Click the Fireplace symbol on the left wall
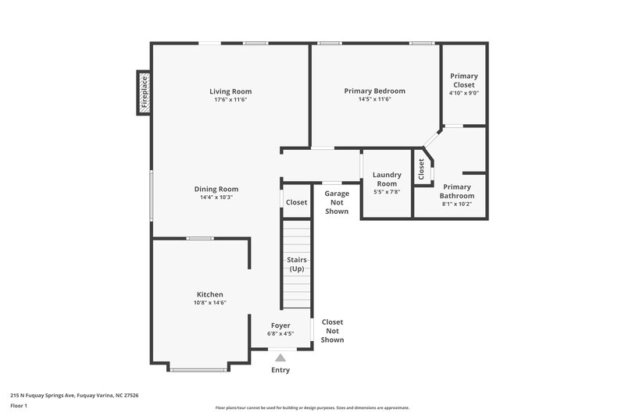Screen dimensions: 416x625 [x=144, y=92]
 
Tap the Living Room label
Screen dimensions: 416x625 [x=230, y=91]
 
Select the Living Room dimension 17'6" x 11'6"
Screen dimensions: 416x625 [x=230, y=100]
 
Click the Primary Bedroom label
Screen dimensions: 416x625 [x=375, y=91]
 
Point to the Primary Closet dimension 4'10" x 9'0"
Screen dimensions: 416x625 [x=463, y=93]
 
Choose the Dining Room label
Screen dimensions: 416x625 [x=216, y=189]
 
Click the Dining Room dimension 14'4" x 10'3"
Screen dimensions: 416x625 [x=216, y=197]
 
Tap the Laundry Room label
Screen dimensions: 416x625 [x=387, y=179]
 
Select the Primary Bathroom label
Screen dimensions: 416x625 [x=456, y=191]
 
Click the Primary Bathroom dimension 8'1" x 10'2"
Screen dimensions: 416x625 [x=456, y=204]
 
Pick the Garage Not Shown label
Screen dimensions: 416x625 [x=336, y=201]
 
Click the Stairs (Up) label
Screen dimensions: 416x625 [x=297, y=264]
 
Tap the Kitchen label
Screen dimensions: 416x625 [x=209, y=294]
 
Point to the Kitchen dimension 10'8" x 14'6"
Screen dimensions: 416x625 [x=209, y=303]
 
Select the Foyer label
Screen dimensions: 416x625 [x=280, y=325]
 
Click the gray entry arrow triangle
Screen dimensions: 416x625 [x=280, y=357]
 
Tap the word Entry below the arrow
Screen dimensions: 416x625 [x=280, y=370]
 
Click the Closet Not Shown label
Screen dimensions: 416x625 [x=332, y=331]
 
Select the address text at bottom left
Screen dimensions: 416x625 [x=74, y=396]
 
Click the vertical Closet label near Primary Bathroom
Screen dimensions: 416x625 [x=422, y=169]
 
